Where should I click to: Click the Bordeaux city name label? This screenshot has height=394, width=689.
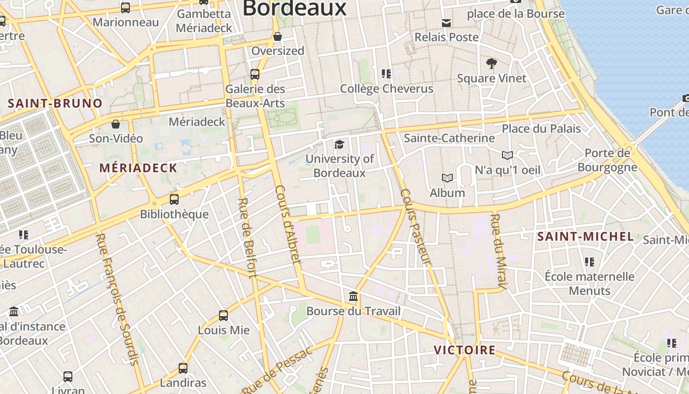tap(294, 8)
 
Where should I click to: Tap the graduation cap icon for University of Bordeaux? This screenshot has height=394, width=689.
tap(339, 144)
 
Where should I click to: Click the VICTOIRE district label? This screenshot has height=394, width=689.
tap(464, 350)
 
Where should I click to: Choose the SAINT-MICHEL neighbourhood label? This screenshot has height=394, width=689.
tap(585, 236)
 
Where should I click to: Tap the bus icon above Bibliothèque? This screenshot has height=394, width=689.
tap(174, 199)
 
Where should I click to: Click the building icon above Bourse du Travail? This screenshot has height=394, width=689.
tap(353, 296)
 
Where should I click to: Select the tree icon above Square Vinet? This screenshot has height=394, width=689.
tap(491, 64)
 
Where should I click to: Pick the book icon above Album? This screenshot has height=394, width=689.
tap(447, 178)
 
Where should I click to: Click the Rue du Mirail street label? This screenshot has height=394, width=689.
tap(499, 251)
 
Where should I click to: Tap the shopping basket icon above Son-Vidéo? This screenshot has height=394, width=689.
tap(116, 124)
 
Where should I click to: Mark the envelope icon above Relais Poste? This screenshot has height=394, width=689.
tap(446, 23)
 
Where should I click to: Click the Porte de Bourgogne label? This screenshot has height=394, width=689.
tap(607, 160)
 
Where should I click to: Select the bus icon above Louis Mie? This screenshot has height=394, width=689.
tap(223, 315)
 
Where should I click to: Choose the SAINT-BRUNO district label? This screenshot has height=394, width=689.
tap(55, 103)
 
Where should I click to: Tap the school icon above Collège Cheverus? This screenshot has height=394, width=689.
tap(386, 74)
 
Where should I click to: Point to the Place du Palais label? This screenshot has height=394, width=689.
tap(541, 129)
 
